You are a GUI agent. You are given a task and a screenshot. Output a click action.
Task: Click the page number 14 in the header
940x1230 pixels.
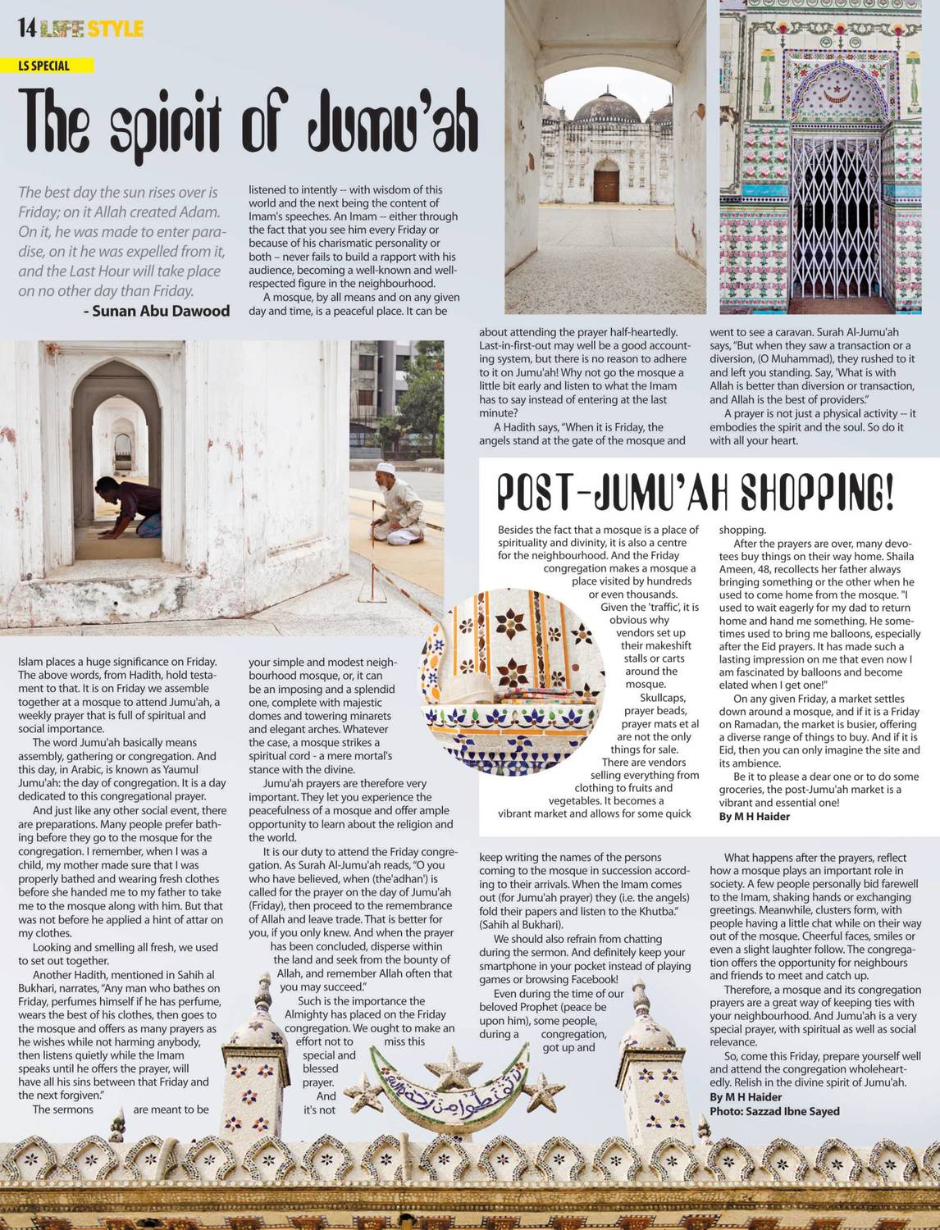coord(26,30)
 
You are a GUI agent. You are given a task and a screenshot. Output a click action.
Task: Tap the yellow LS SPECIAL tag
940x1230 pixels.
coord(55,66)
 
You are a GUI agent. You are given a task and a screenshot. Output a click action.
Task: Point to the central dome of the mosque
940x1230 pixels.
coord(605,110)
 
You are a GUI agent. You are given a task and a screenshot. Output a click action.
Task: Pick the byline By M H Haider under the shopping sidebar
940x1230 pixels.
coord(754,817)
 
